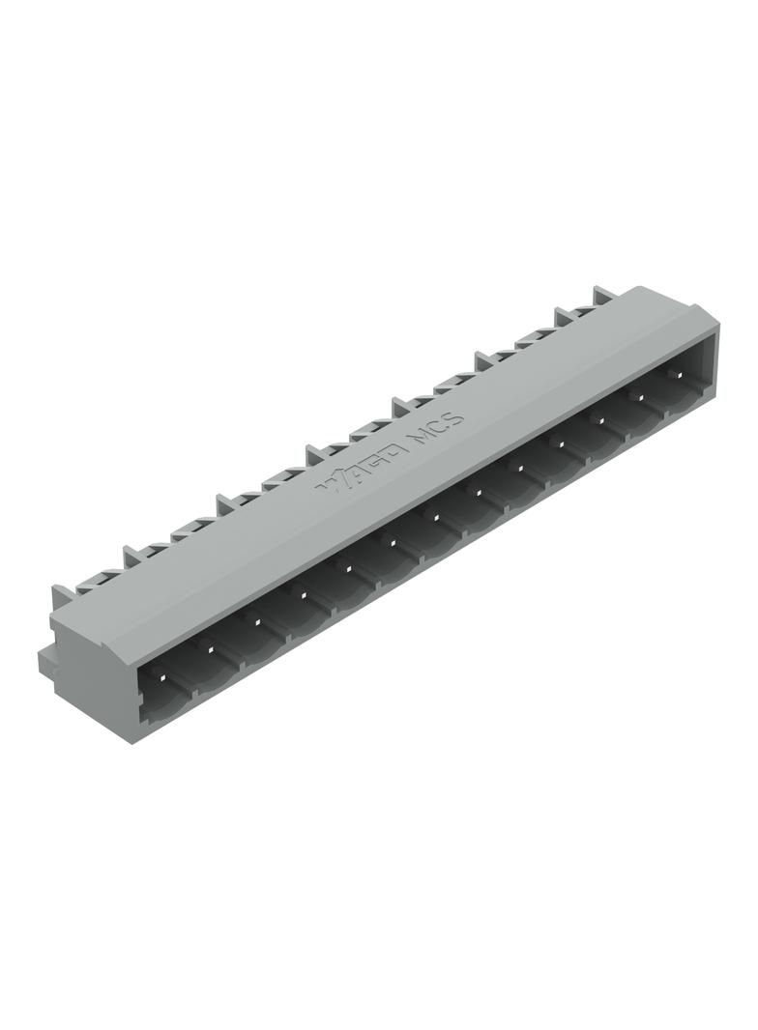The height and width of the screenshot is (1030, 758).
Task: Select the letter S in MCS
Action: click(x=455, y=419)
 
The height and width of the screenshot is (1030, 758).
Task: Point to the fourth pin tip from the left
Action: click(x=303, y=594)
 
